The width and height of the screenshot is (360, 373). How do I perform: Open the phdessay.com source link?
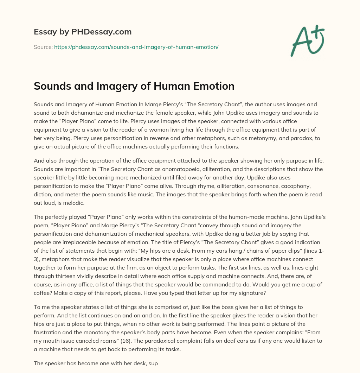[136, 47]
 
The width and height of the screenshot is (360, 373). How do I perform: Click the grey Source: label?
[43, 47]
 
